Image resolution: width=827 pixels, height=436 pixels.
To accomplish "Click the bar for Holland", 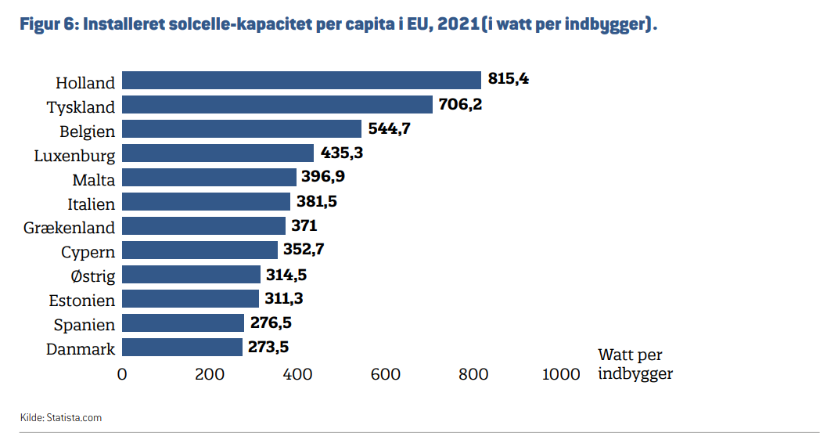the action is coord(302,80).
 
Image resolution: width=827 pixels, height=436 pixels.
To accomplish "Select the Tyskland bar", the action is coord(278,105).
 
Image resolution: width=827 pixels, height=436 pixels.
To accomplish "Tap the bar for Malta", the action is coord(210,178).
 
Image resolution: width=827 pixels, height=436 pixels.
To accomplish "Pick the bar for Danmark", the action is coord(182,348).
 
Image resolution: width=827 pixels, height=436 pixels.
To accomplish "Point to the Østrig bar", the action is coord(192,275).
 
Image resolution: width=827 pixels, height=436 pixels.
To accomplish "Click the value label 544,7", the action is coord(389,129).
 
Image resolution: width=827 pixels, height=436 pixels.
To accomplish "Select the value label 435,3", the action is coord(342,153).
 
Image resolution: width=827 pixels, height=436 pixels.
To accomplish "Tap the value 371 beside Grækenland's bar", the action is coord(304,226).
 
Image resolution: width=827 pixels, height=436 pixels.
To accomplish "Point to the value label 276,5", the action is coord(271,323).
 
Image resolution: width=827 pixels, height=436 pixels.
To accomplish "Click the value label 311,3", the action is coord(284,299).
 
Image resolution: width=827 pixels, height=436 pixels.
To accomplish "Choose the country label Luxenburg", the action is coord(74,156).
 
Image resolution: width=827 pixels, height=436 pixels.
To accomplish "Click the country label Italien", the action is coord(92,204).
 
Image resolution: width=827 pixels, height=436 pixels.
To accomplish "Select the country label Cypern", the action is coord(88,252).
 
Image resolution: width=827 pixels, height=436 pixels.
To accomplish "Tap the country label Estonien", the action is coord(81,301).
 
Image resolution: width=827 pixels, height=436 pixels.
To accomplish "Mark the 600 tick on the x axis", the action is coord(386,374).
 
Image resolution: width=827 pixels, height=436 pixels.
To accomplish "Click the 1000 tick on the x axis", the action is coord(561,374).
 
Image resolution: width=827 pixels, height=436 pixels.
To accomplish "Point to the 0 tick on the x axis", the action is coord(122,374).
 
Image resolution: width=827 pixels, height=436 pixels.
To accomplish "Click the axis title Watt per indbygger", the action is coord(635,364).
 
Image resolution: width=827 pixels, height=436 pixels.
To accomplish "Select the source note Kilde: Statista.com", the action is coord(61,417).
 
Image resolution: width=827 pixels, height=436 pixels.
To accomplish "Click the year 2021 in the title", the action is coord(458,24).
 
